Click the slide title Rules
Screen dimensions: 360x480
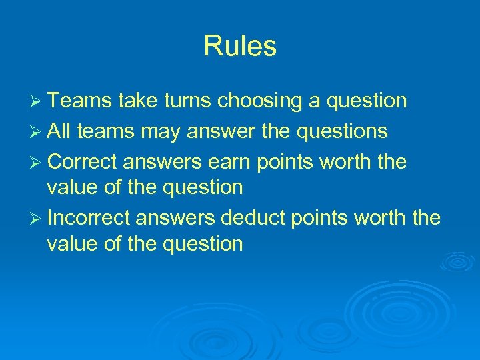(x=240, y=47)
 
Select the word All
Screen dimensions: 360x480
(x=61, y=131)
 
